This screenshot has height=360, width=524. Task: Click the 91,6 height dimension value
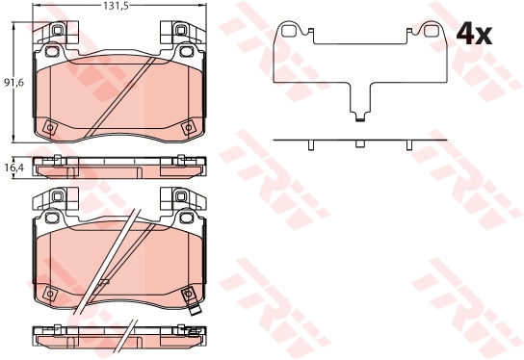tap(13, 82)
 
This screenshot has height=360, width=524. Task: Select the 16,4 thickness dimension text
tap(13, 168)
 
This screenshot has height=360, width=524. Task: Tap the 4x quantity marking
tap(474, 34)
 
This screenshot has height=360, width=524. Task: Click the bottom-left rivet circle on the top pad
tap(50, 128)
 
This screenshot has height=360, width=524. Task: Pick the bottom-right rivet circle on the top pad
tap(188, 128)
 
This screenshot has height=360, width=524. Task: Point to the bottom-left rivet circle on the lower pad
tap(50, 294)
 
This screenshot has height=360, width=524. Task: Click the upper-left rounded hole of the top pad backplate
tap(52, 51)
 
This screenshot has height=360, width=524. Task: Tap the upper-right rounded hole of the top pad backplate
tap(186, 51)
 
